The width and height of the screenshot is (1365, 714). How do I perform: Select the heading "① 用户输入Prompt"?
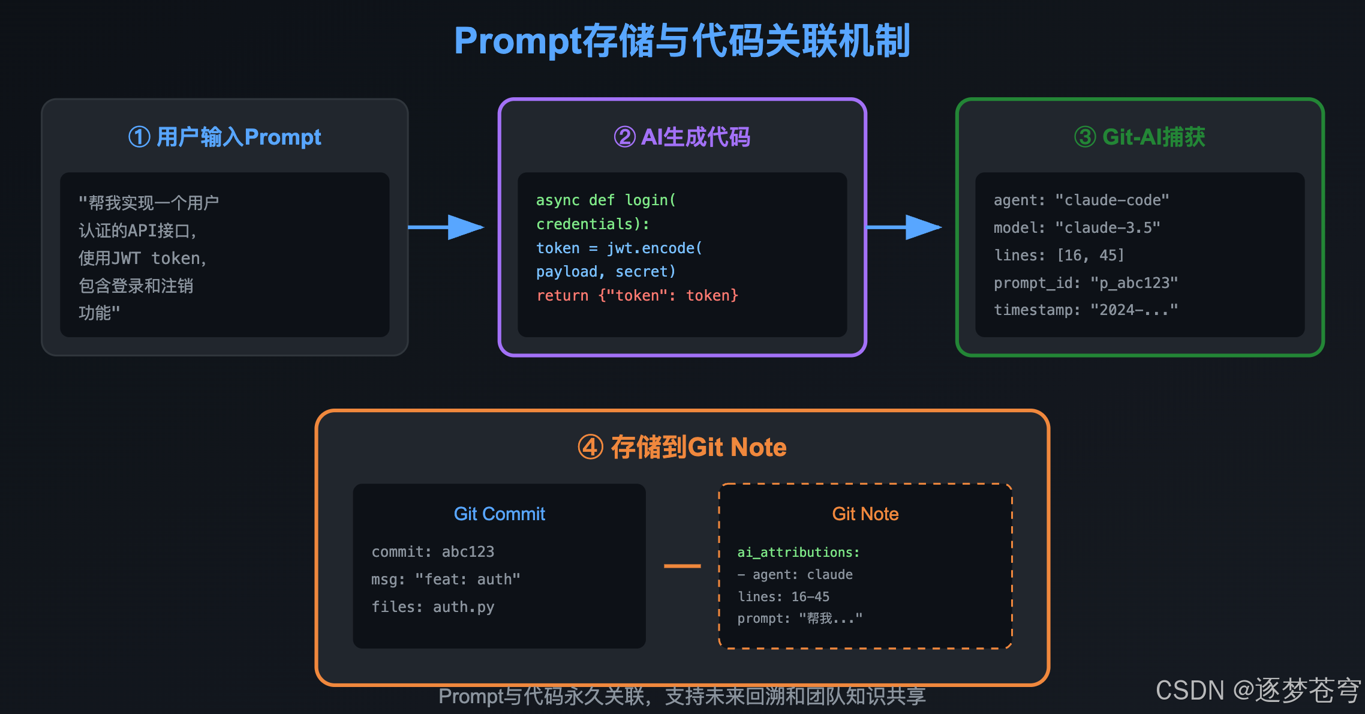click(225, 137)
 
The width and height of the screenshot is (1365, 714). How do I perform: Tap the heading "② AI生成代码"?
click(682, 137)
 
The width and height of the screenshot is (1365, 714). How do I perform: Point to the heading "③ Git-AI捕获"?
click(1139, 137)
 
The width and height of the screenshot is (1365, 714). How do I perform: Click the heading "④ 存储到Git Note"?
click(682, 447)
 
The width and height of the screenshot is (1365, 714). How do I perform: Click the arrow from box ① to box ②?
click(447, 227)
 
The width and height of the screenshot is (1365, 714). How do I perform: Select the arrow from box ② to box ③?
click(904, 227)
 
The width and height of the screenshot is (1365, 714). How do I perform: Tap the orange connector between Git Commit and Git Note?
click(682, 566)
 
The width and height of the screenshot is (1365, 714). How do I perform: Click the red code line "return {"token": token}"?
click(637, 295)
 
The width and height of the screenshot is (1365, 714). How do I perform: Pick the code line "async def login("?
click(606, 200)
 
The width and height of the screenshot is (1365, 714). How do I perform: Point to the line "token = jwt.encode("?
click(619, 248)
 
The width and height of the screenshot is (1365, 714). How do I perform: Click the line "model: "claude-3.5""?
click(1077, 228)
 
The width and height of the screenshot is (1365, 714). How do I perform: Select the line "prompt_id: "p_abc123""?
click(1086, 283)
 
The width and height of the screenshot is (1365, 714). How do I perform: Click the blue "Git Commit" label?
click(499, 514)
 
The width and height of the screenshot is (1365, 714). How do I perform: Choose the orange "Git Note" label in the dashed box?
click(865, 514)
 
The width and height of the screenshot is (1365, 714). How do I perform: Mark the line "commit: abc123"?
click(432, 551)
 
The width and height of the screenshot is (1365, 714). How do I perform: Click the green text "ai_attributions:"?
click(798, 552)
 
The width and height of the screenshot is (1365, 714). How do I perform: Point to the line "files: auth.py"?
click(432, 607)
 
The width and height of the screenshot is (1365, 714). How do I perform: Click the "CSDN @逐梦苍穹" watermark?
click(1258, 690)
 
